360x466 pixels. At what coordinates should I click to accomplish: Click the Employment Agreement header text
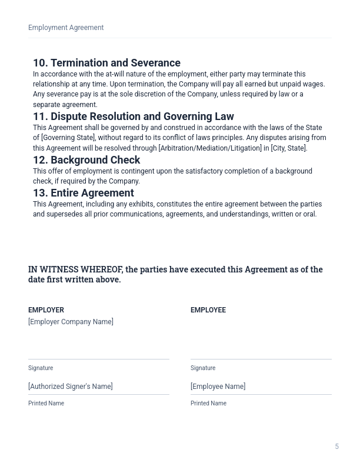(66, 28)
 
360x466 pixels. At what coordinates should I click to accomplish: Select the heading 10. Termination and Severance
(106, 63)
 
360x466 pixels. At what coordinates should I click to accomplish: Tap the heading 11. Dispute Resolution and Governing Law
(134, 116)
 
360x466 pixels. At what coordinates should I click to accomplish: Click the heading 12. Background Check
(86, 160)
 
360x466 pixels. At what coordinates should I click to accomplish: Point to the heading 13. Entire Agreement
(84, 193)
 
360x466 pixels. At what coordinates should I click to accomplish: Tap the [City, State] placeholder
(288, 148)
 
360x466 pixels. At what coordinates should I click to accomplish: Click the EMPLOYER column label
(46, 310)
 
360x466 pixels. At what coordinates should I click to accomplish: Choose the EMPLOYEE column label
(208, 310)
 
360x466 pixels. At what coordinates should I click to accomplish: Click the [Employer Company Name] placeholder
(71, 322)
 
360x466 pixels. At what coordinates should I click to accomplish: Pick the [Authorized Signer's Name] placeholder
(71, 387)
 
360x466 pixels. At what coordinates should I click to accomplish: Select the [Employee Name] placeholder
(218, 387)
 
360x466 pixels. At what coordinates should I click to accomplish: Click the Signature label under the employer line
(41, 368)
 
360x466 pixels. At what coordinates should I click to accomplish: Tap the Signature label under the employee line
(203, 368)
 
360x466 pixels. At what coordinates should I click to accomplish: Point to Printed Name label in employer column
(46, 404)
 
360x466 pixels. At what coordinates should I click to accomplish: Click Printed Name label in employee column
(208, 404)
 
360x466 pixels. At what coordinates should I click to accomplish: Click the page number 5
(337, 447)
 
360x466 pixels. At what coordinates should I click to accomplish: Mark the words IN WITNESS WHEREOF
(75, 269)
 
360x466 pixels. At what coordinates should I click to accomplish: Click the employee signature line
(261, 358)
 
